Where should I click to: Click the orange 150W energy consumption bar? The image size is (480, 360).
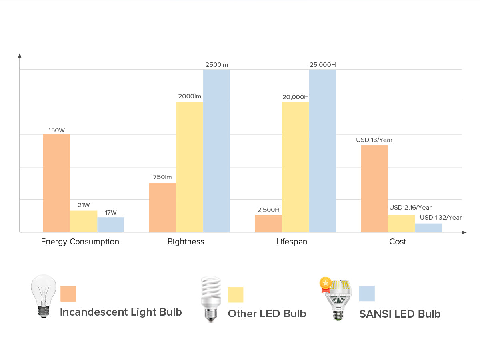[x=56, y=183]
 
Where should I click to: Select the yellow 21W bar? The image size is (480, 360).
[x=84, y=221]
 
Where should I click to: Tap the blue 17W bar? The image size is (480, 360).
[x=111, y=225]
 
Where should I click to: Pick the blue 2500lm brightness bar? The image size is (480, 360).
[x=216, y=151]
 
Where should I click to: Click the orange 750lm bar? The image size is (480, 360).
[x=162, y=208]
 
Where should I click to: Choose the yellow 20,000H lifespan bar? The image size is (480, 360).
[x=296, y=167]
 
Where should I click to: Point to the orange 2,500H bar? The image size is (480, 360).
[x=268, y=223]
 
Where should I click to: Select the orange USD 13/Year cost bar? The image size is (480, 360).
[x=374, y=188]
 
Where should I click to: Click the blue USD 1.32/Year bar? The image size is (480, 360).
[x=428, y=228]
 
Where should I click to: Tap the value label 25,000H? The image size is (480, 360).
[x=322, y=64]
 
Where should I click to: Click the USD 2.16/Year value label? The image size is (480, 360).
[x=410, y=208]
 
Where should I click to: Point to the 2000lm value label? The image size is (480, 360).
[x=190, y=96]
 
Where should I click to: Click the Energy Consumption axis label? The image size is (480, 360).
[x=80, y=242]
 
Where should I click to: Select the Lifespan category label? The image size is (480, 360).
[x=292, y=242]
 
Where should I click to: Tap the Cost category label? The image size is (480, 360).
[x=398, y=242]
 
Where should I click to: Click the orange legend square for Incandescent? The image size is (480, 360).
[x=68, y=294]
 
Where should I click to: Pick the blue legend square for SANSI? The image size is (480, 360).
[x=367, y=293]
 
